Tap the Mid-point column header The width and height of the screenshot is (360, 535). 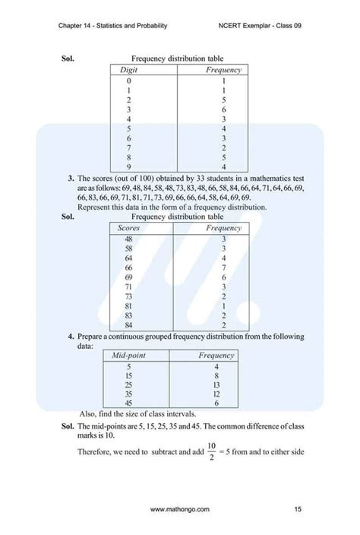click(129, 355)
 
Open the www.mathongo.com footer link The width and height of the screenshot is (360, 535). click(180, 508)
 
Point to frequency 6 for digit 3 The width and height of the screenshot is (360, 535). click(224, 109)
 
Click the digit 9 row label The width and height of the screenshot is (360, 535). click(129, 167)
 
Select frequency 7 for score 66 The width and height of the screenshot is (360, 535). click(224, 267)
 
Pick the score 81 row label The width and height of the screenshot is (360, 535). click(129, 306)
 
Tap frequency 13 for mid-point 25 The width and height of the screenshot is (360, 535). click(216, 385)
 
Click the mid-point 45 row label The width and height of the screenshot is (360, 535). click(130, 404)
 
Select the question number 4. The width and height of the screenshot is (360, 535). click(70, 335)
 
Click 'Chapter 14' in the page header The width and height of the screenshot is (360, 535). click(78, 26)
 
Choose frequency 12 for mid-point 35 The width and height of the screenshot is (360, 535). click(216, 394)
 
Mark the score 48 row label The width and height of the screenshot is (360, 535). click(129, 239)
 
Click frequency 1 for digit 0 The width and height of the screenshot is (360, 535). click(224, 80)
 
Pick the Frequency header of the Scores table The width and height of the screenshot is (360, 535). click(224, 228)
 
